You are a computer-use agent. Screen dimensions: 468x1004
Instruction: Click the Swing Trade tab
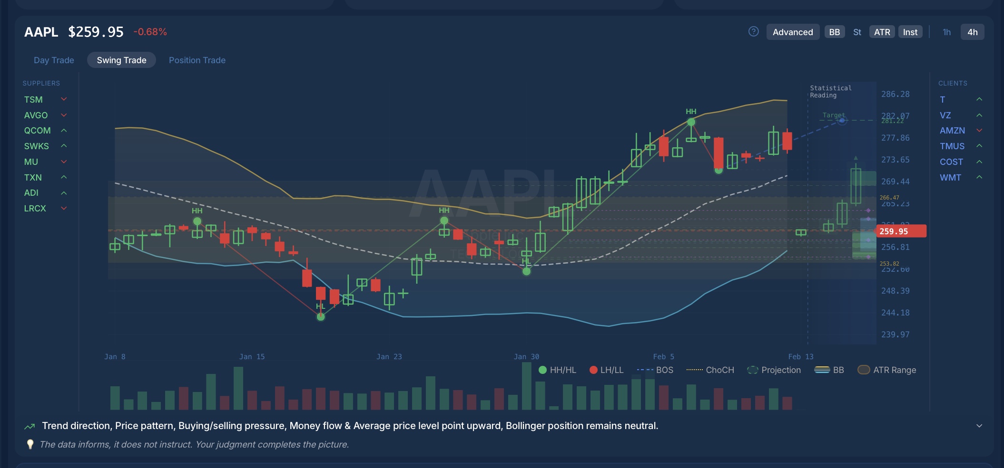click(121, 60)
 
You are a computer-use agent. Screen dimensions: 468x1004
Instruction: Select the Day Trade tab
click(54, 60)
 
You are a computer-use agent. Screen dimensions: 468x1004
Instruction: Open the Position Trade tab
click(197, 60)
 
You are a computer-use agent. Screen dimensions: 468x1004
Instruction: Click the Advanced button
click(793, 32)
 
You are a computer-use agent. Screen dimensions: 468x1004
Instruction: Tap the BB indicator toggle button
click(835, 32)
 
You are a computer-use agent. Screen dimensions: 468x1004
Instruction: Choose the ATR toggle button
click(882, 32)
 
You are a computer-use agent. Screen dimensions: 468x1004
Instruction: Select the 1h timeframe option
click(946, 32)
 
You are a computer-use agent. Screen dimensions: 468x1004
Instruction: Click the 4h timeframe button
click(972, 32)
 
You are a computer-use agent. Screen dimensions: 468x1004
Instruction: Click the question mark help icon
click(754, 31)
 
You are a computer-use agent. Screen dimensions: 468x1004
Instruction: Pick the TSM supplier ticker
click(33, 100)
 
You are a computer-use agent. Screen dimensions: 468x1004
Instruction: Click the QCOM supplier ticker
click(37, 131)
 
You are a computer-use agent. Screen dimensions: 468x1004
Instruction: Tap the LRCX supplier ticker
click(35, 209)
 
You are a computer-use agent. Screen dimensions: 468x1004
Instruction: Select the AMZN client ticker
click(952, 131)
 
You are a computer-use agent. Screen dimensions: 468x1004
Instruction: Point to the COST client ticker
click(951, 162)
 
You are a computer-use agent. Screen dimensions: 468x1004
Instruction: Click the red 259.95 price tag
click(901, 231)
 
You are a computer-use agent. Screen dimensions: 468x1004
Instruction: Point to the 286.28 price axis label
click(895, 94)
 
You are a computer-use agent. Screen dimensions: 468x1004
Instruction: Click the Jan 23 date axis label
click(389, 357)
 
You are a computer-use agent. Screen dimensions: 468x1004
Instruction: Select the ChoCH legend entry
click(719, 370)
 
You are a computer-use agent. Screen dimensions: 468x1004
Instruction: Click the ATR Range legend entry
click(894, 370)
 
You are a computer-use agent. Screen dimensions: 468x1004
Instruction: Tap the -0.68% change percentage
click(150, 32)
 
